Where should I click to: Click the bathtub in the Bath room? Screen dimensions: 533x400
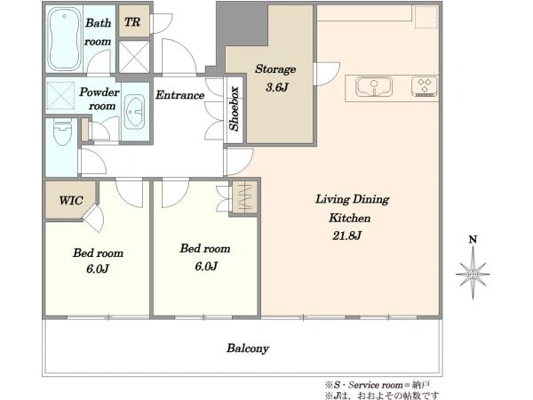coord(65,38)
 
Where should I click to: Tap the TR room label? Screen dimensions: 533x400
coord(132,22)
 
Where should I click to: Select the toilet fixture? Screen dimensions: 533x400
coord(63,132)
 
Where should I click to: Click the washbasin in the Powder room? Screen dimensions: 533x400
coord(134,111)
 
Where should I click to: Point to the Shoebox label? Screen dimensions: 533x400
coord(235,108)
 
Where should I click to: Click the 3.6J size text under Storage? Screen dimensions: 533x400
coord(277,87)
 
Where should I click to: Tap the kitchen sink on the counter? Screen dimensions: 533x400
coord(374,86)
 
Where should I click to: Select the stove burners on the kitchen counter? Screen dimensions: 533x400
coord(425,86)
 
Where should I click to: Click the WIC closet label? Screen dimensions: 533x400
coord(71,200)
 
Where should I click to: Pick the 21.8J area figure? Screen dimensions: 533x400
coord(346,236)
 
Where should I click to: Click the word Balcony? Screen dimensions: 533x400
coord(248,348)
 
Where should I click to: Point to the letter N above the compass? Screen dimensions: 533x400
coord(473,240)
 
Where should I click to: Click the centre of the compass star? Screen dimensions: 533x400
coord(473,274)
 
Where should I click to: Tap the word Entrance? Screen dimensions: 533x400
coord(180,95)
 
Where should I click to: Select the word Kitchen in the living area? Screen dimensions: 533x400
coord(350,218)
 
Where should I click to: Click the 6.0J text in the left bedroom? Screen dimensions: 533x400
coord(98,269)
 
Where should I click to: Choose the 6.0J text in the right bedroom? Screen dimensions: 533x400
coord(206,266)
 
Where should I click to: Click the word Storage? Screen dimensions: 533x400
coord(275,69)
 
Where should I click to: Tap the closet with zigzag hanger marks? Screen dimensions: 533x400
coord(244,197)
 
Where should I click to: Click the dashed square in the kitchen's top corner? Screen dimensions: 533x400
coord(426,16)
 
